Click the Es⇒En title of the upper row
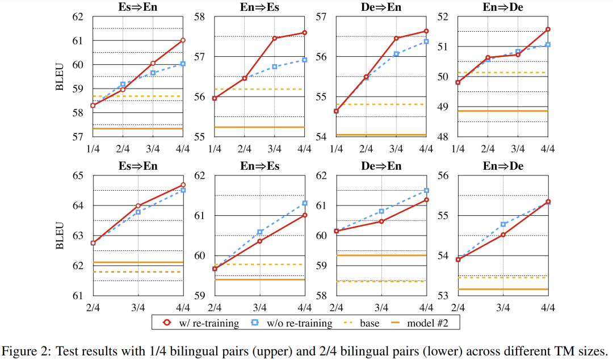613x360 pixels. [x=138, y=7]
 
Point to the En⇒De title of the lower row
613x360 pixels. [x=502, y=166]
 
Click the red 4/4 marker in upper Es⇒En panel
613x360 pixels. [x=183, y=40]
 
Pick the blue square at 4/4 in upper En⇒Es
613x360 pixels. [x=305, y=60]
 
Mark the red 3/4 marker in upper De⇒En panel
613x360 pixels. [x=396, y=39]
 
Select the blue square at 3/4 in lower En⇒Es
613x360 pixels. [x=260, y=232]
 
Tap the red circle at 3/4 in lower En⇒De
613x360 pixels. [x=503, y=235]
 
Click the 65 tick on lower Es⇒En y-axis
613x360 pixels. [x=77, y=176]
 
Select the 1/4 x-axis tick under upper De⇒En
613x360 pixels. [x=336, y=149]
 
